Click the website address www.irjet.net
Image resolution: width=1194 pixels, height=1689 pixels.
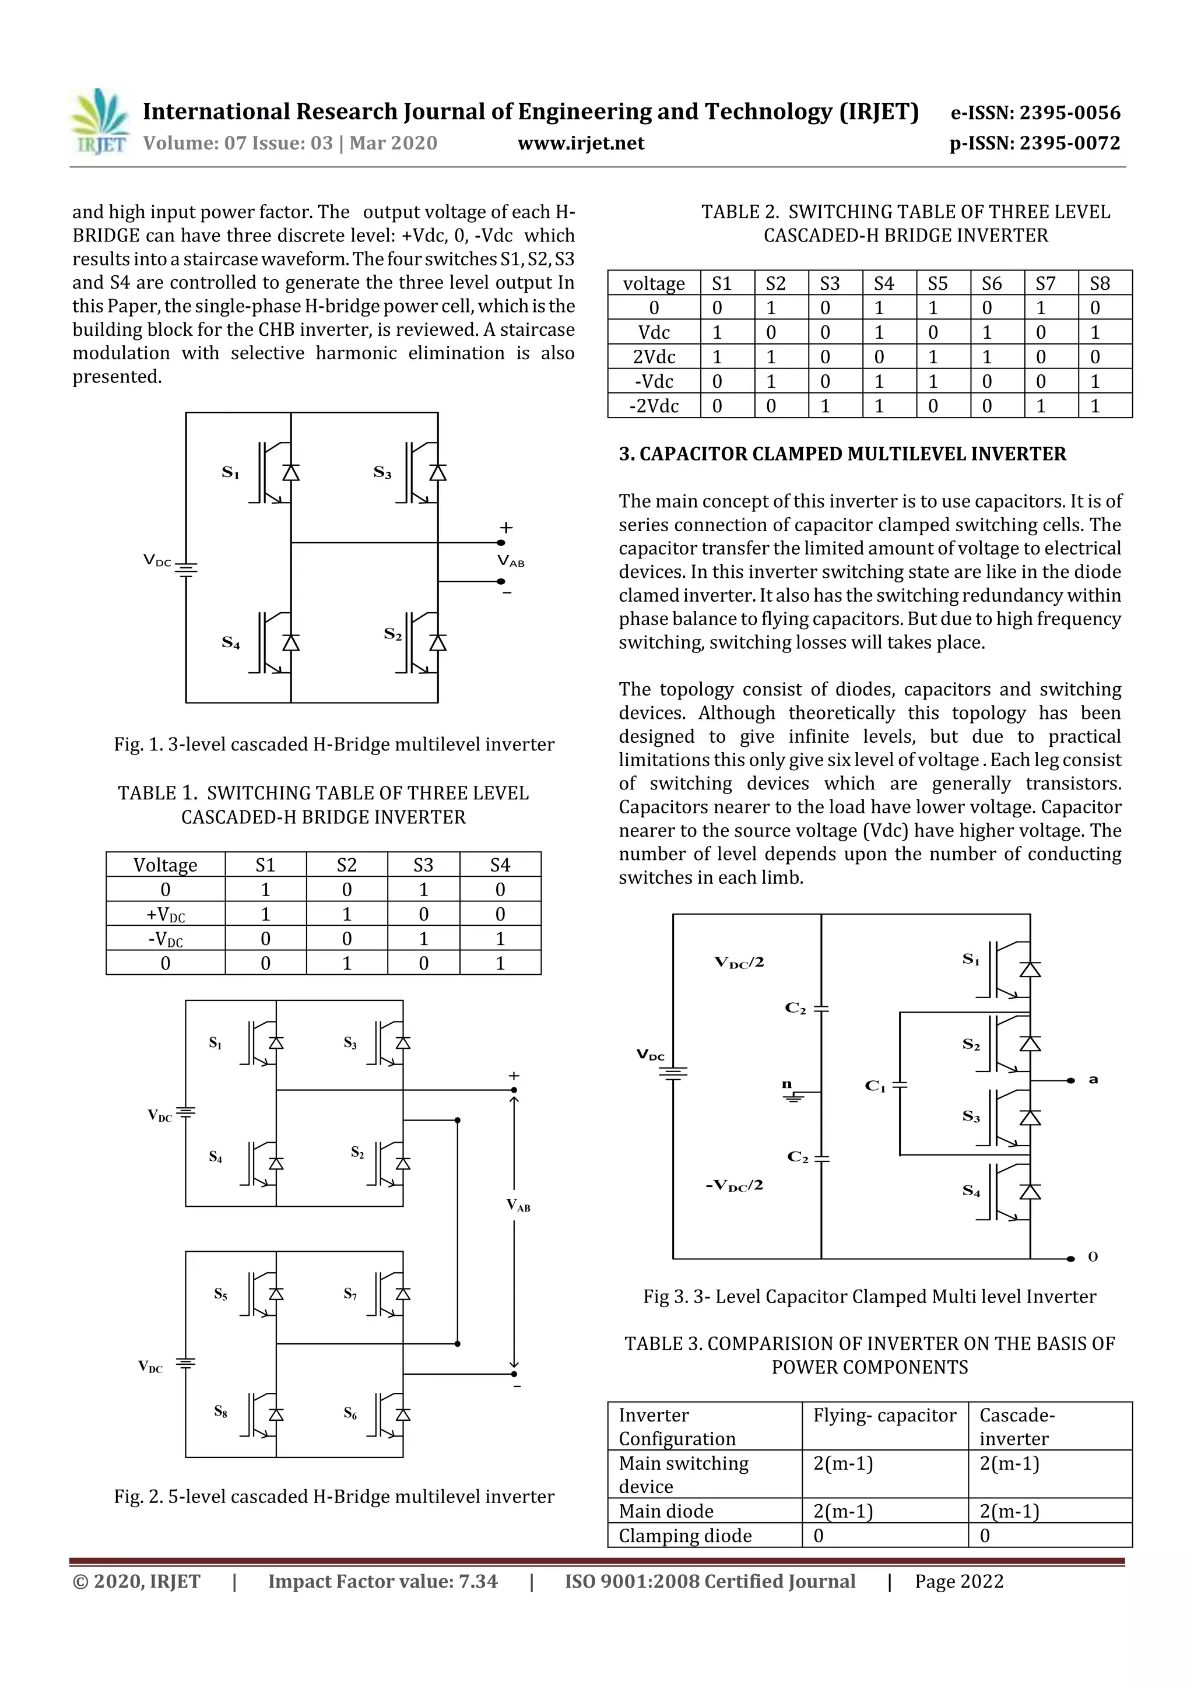pyautogui.click(x=581, y=143)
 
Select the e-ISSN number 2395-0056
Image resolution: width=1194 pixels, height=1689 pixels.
pyautogui.click(x=1035, y=113)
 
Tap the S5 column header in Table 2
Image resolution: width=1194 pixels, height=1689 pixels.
pyautogui.click(x=937, y=283)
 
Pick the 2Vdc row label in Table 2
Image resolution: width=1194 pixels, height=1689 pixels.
pyautogui.click(x=654, y=357)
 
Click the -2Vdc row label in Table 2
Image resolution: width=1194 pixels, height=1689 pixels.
pyautogui.click(x=654, y=406)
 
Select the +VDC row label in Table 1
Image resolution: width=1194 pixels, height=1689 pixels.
pyautogui.click(x=166, y=914)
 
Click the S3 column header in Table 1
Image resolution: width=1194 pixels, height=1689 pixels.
pyautogui.click(x=423, y=865)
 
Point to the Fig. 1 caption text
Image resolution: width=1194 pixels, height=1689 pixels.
pyautogui.click(x=334, y=745)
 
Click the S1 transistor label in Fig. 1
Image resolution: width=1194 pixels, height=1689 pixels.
pyautogui.click(x=230, y=472)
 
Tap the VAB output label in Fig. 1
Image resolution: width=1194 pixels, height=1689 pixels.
pyautogui.click(x=511, y=562)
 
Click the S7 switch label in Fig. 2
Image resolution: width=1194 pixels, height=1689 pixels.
pyautogui.click(x=350, y=1314)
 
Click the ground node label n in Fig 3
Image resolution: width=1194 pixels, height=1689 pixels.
pyautogui.click(x=786, y=1084)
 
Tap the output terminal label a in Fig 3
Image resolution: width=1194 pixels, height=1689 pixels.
pyautogui.click(x=1093, y=1080)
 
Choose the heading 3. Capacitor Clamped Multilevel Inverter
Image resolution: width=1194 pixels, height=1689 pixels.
pyautogui.click(x=842, y=454)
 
